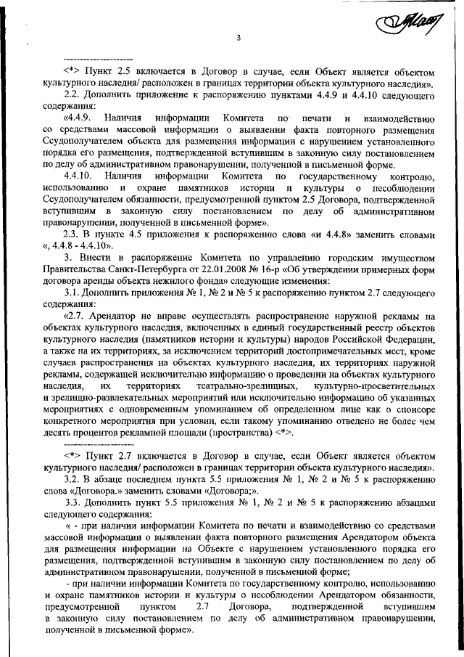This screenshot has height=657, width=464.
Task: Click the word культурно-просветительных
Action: (381, 385)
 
